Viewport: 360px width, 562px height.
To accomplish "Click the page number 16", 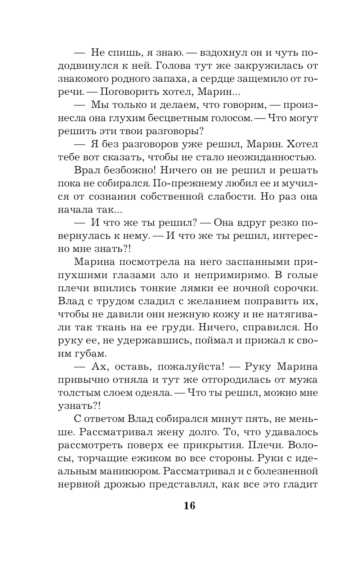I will (x=189, y=506).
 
